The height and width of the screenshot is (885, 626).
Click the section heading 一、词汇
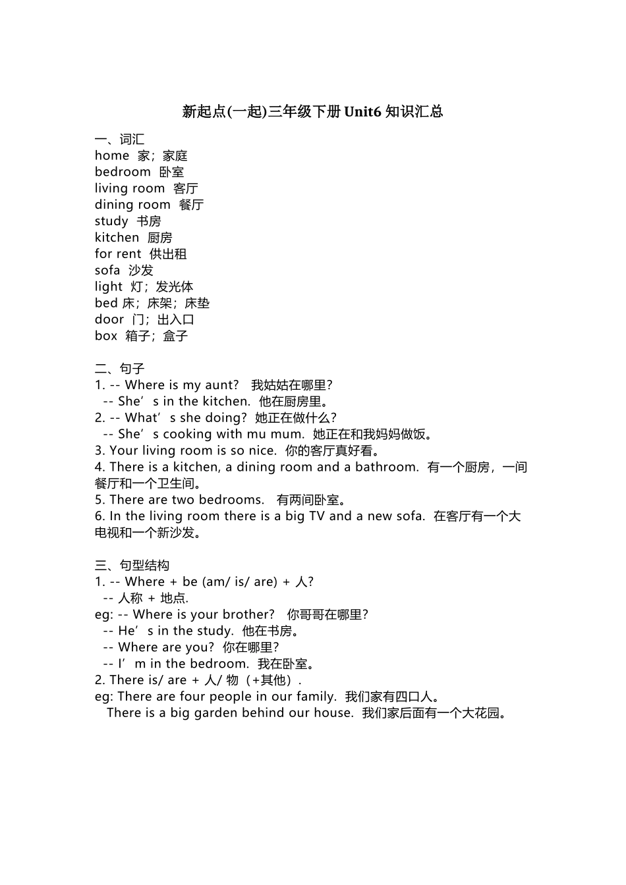coord(119,139)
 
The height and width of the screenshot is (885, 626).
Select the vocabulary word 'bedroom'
coord(123,172)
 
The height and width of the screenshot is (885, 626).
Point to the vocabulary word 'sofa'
coord(107,271)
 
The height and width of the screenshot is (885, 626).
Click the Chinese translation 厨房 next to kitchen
coord(160,238)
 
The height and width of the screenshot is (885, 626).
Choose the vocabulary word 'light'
coord(109,287)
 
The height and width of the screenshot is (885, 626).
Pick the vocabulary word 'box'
coord(106,336)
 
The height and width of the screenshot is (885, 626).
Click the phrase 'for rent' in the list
coord(118,254)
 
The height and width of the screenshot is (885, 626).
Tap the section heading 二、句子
coord(119,369)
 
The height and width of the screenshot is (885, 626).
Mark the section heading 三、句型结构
coord(132,565)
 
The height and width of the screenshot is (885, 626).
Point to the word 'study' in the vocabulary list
coord(111,221)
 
